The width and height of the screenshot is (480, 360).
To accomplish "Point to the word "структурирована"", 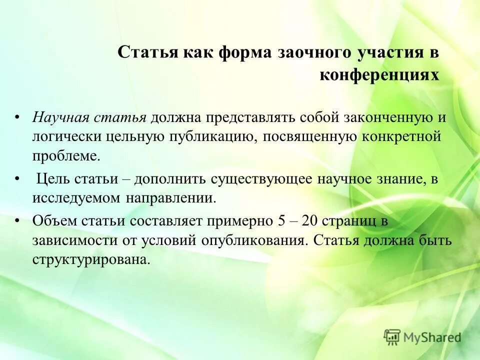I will click(91, 259).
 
